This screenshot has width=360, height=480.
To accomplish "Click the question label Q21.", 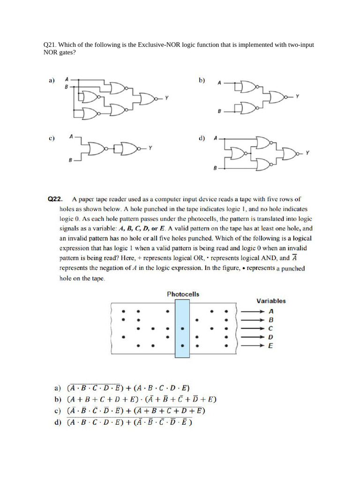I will tap(50, 45).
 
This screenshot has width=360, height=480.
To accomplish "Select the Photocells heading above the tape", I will tap(183, 294).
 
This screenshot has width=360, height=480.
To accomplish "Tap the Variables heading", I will tap(271, 301).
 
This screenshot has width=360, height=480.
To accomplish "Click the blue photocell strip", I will tap(182, 329).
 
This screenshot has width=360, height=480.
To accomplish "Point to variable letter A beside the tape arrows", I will tap(270, 311).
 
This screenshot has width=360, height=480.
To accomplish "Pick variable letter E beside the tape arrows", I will tap(270, 346).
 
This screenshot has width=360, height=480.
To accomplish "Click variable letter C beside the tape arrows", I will tap(270, 329).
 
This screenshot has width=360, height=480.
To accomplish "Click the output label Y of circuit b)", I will tap(297, 96).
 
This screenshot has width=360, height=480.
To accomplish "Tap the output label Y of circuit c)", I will tap(150, 149).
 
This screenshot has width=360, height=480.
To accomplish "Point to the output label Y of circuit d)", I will tap(307, 152).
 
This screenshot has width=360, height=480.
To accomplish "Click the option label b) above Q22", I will tap(202, 80).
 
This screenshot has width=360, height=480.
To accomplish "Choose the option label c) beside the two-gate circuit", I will tap(52, 138).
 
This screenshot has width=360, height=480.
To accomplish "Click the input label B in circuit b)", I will tap(219, 112).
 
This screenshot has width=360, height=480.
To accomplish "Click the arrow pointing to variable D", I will tap(253, 337).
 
